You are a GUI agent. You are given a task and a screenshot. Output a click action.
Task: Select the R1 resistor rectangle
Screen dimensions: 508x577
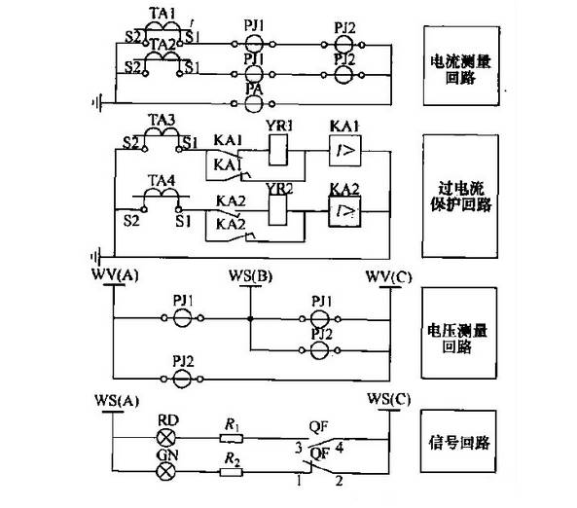coord(230,439)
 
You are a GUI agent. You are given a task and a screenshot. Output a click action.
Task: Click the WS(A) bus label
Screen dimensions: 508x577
coord(117,400)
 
